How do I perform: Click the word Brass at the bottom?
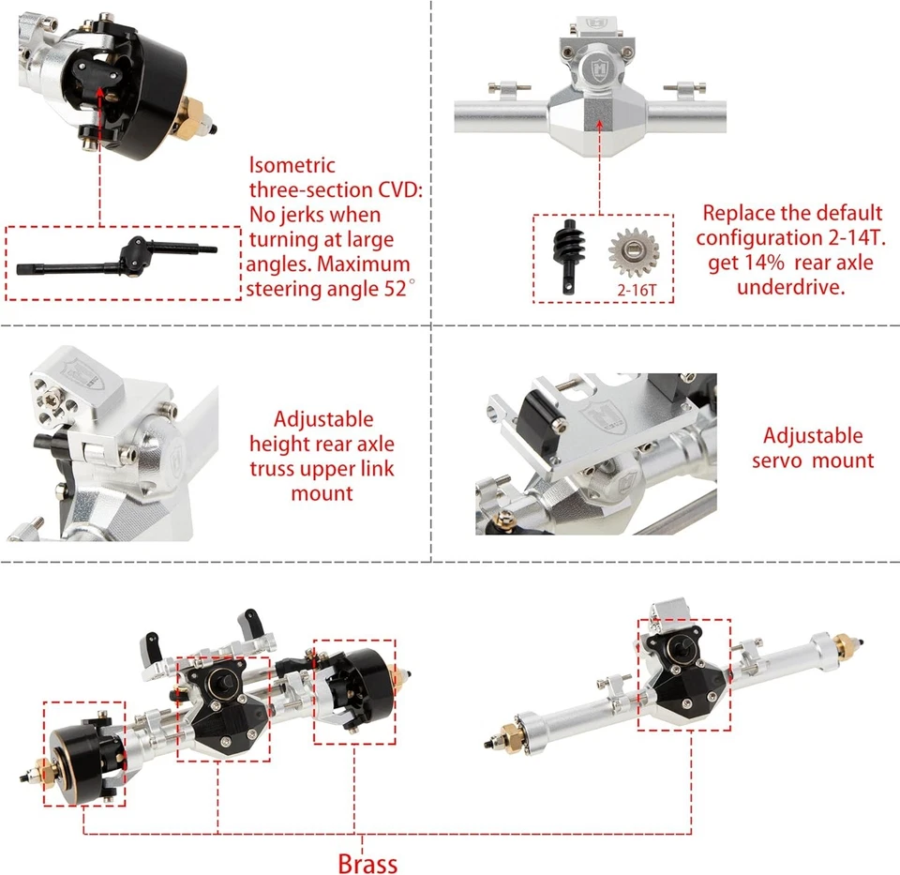[367, 863]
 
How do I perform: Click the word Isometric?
[292, 166]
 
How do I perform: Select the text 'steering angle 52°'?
[328, 289]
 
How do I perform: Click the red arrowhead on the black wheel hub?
[99, 92]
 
